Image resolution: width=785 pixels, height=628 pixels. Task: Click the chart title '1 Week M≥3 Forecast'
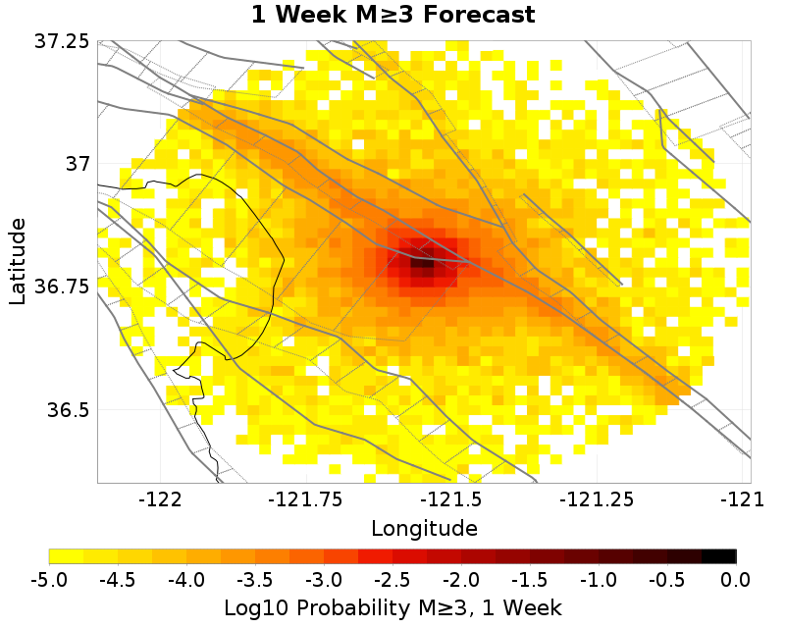click(x=392, y=15)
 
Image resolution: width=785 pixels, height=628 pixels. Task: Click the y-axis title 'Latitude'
click(x=18, y=262)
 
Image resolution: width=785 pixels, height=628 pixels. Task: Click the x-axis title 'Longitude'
click(x=424, y=528)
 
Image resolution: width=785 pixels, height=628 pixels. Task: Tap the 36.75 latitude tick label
click(x=62, y=287)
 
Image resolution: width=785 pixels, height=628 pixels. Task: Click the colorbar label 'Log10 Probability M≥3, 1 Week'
click(x=392, y=606)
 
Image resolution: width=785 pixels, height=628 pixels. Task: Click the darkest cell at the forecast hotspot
click(x=421, y=263)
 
